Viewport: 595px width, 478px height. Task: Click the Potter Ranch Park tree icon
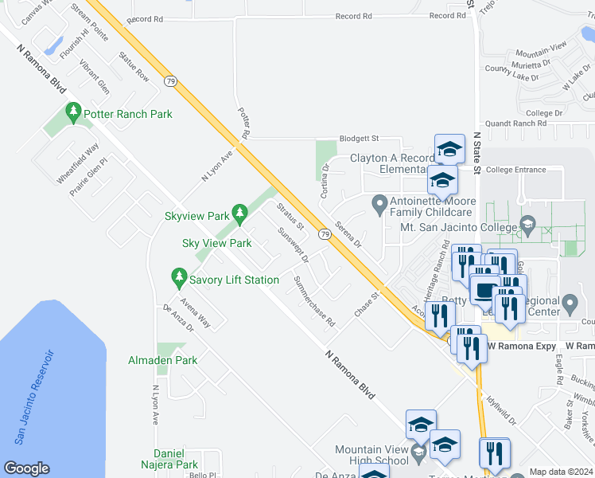point(74,114)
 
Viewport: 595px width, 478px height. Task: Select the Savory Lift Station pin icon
point(178,280)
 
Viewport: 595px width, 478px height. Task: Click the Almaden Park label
point(162,360)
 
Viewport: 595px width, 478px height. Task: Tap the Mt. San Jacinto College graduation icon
point(526,228)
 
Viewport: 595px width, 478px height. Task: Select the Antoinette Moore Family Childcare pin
point(379,206)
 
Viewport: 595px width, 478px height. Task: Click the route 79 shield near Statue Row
point(171,80)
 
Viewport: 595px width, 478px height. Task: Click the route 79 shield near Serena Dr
point(325,233)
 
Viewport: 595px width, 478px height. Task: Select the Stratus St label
point(290,216)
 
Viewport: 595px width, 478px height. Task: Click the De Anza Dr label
point(178,319)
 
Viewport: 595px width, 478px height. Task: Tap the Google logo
point(26,468)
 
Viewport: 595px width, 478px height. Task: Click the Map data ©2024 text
point(560,472)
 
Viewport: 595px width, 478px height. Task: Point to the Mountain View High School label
point(371,455)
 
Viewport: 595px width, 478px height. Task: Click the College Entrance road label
point(515,170)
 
